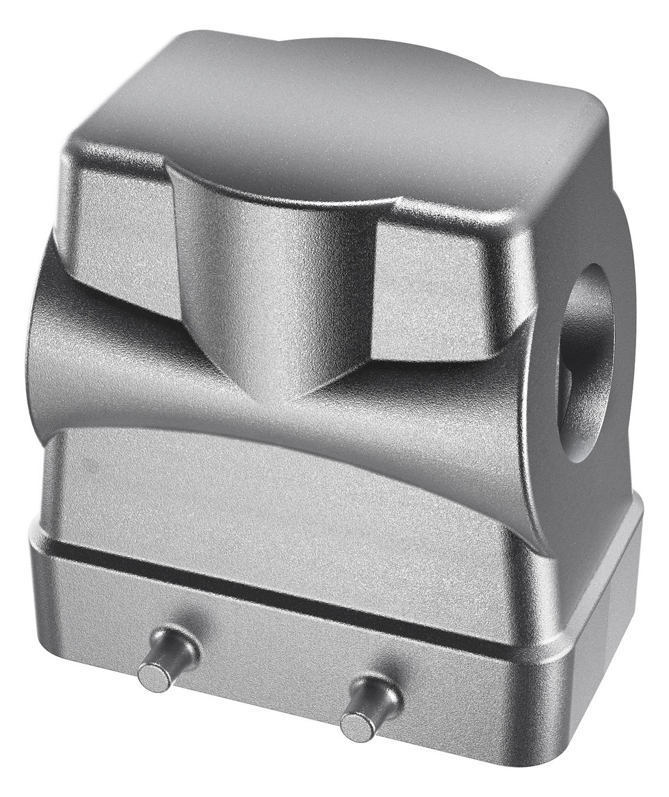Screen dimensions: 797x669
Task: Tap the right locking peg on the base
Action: [x=370, y=708]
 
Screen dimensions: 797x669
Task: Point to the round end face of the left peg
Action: [x=155, y=676]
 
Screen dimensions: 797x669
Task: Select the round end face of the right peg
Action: [x=356, y=727]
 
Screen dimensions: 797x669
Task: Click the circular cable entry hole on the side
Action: [x=585, y=362]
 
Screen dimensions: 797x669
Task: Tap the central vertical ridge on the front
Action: [x=274, y=273]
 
